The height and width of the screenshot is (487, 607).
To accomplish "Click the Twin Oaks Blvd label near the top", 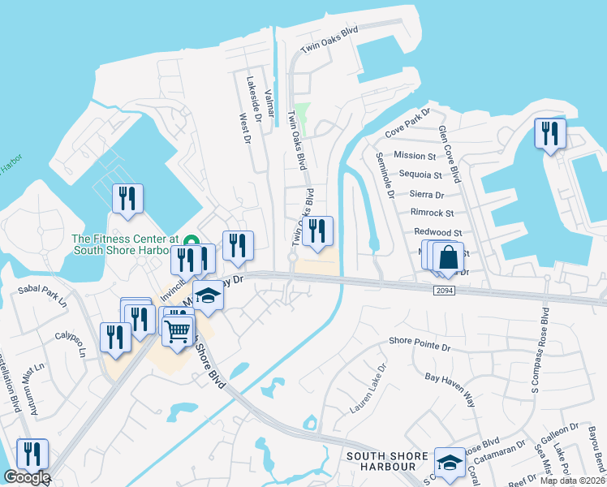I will coord(329,40).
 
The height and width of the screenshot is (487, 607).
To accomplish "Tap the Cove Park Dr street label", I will coord(407,125).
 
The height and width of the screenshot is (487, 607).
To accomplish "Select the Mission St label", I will coord(415,155).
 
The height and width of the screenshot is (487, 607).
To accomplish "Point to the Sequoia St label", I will coord(420,175).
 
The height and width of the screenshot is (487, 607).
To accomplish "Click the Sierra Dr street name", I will coord(427,195).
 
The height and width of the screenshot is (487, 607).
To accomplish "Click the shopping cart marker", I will coord(178,330).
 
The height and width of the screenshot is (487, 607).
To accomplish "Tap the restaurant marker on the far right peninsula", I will coord(550,133).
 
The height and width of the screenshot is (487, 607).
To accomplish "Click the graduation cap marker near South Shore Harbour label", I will coord(448,463).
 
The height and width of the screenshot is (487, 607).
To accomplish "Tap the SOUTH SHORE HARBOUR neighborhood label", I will coord(385,461).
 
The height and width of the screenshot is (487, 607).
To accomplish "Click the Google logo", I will coord(26,476).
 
